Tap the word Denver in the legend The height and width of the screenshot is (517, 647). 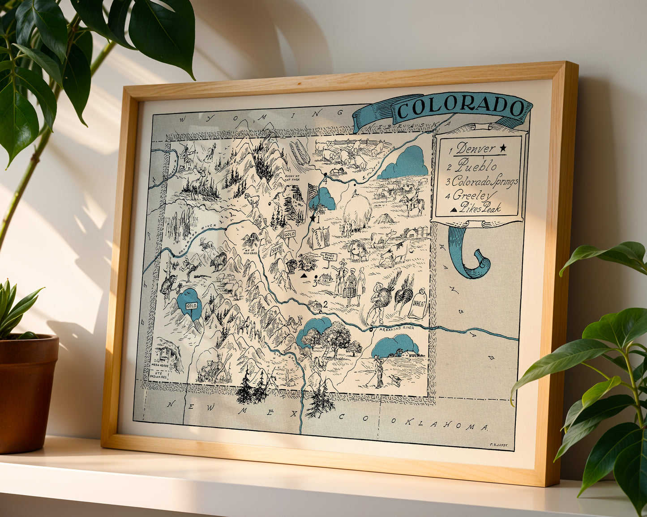point(476,148)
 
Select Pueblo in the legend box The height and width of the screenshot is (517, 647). point(477,165)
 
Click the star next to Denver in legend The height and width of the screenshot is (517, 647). point(503,147)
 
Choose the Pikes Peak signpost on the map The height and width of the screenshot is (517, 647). point(329,257)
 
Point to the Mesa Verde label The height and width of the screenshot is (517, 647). point(160,365)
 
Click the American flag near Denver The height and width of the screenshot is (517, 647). point(312,193)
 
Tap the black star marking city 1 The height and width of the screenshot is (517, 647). point(312,218)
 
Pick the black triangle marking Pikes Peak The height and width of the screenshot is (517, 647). point(304,276)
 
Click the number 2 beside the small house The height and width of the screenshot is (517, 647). point(325,304)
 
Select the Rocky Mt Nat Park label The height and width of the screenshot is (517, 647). point(294,178)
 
